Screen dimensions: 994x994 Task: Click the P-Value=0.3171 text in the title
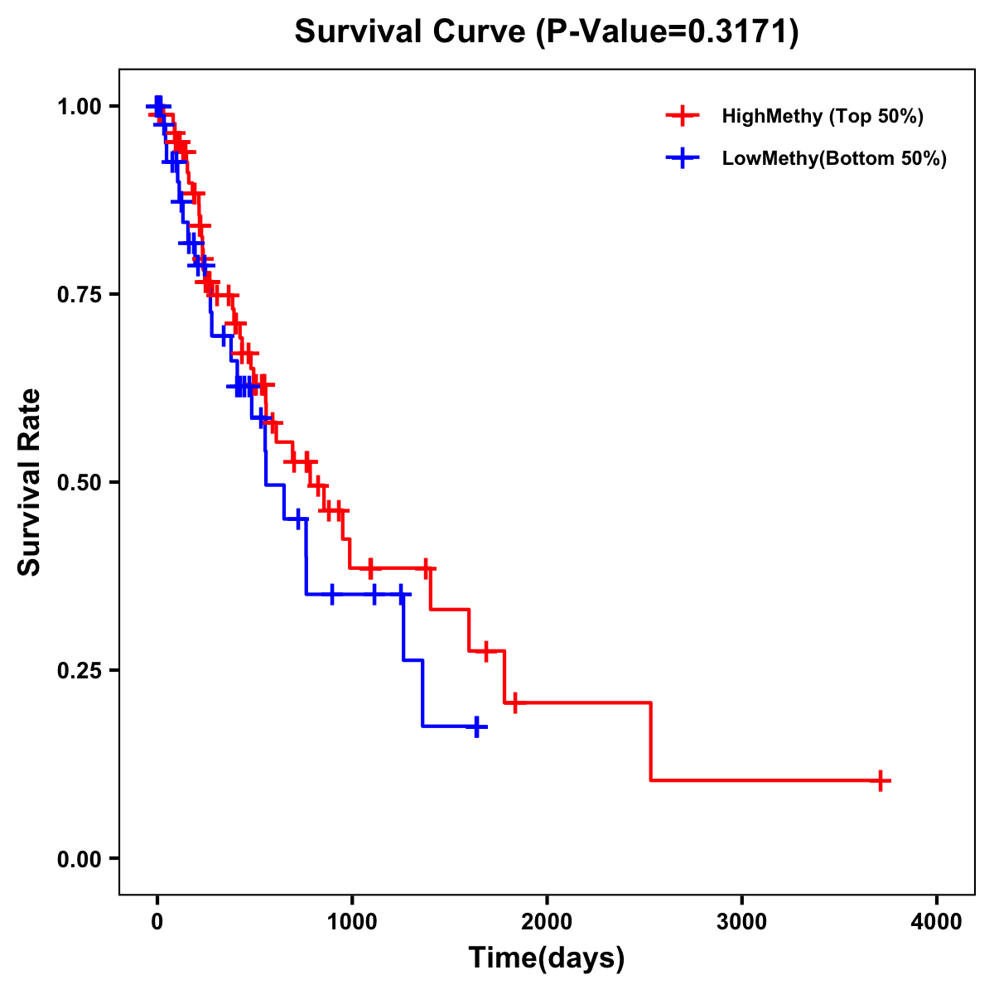point(667,32)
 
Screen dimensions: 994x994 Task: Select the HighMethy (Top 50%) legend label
point(822,116)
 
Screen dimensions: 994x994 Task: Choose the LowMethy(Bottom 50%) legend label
point(833,159)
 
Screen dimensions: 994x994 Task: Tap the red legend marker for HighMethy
point(682,116)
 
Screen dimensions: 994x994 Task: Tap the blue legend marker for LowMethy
point(682,158)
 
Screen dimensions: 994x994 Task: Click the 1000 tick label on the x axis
point(351,922)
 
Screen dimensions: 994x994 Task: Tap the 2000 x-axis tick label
point(547,922)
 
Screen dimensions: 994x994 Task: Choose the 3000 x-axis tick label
point(741,922)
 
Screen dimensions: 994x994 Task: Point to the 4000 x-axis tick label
point(937,922)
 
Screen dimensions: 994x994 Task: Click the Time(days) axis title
point(547,958)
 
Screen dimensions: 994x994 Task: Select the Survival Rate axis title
point(30,482)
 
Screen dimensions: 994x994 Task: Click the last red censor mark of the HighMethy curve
point(881,780)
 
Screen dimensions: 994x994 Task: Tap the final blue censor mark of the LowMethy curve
point(476,726)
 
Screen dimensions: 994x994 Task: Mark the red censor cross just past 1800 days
point(514,702)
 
